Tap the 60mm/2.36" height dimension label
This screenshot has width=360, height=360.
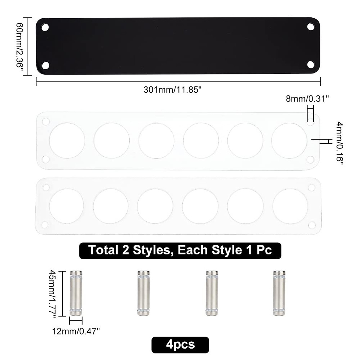(20, 46)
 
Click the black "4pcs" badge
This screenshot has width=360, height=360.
(180, 344)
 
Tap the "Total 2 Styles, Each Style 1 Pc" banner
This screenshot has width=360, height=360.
(180, 250)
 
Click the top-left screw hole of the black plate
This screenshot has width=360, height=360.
(45, 27)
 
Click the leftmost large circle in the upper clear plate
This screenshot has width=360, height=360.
(67, 140)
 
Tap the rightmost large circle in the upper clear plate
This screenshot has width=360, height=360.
(289, 140)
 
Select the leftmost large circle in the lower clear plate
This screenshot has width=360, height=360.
(67, 206)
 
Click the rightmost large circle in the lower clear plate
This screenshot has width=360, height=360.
(290, 206)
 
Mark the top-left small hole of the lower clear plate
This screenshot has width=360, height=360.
(46, 187)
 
